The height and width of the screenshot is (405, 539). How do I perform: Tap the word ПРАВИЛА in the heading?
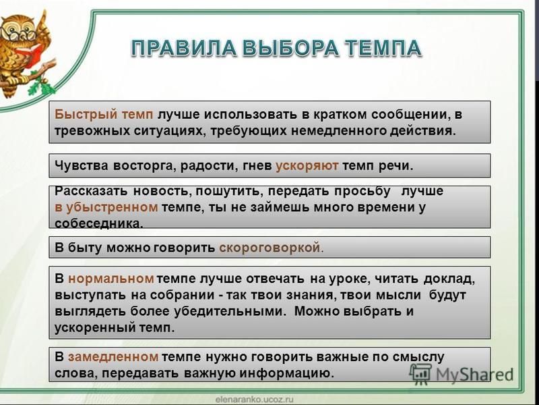coord(183,48)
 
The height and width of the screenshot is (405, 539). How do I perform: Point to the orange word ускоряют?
coord(307,166)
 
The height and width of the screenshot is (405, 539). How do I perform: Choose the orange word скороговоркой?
coord(270,248)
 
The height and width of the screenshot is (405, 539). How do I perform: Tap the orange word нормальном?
coord(110,278)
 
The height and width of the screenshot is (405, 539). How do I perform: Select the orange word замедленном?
coord(113,357)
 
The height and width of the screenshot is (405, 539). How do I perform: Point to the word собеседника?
coord(98,223)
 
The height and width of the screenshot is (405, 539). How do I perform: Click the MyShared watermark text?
coord(475,375)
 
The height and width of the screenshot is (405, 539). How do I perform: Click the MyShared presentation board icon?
coord(420,374)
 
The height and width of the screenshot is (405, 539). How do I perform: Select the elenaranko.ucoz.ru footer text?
coord(255,400)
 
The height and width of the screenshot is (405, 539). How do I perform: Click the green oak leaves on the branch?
coord(41,85)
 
